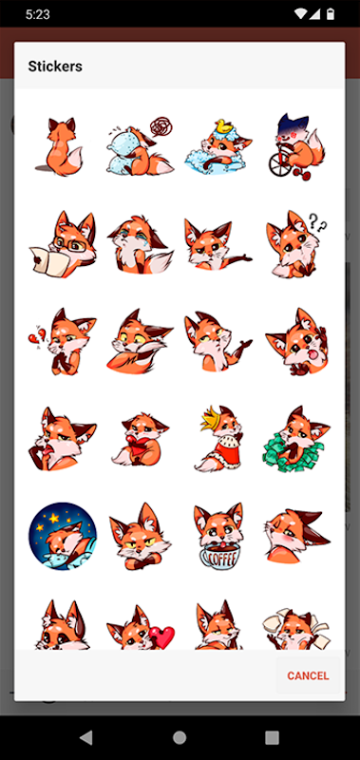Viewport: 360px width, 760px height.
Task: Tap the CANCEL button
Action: (x=308, y=675)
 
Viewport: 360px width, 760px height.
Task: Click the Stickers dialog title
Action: (x=55, y=66)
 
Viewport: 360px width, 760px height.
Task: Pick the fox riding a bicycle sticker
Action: (x=296, y=147)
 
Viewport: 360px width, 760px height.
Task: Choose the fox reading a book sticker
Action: (x=63, y=239)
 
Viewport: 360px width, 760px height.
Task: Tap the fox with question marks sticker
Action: (x=296, y=244)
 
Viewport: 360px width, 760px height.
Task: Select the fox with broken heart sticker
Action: (x=63, y=341)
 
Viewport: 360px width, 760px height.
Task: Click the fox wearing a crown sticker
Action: (x=219, y=438)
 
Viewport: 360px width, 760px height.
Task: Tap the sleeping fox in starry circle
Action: (x=63, y=536)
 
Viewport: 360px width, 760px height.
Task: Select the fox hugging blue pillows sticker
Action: (x=140, y=146)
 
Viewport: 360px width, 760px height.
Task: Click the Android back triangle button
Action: (x=86, y=737)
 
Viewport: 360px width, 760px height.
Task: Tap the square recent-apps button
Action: (x=272, y=737)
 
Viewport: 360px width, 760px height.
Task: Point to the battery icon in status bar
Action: (x=330, y=14)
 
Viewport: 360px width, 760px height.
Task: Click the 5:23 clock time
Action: (x=38, y=14)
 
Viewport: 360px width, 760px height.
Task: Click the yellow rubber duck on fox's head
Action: (x=222, y=125)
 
